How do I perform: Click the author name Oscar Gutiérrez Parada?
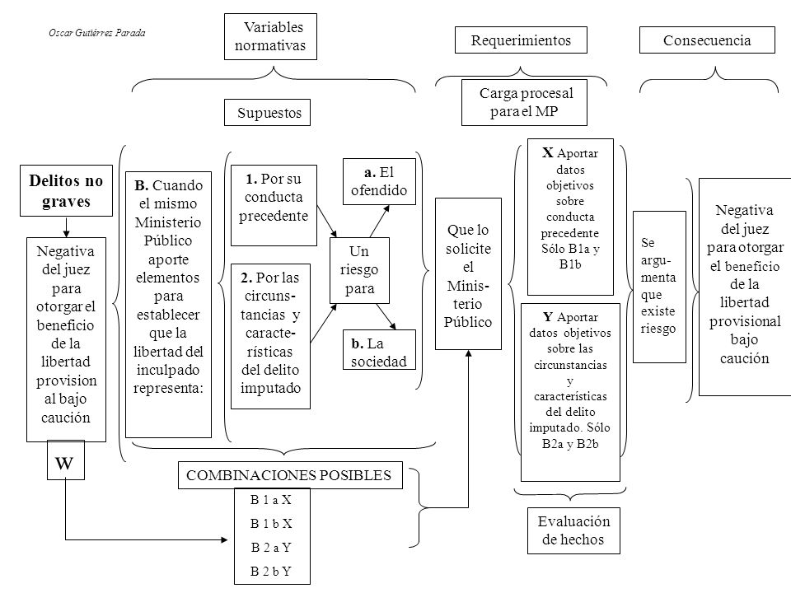97,33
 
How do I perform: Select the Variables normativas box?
270,36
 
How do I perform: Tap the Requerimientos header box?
521,40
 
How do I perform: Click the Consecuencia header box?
707,40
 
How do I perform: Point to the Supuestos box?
267,113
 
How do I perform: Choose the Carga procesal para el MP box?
524,102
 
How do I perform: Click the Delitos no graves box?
66,190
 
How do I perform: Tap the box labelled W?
66,460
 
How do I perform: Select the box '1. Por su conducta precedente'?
274,205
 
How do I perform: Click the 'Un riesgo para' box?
359,270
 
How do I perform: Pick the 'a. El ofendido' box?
379,181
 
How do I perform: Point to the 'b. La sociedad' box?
379,350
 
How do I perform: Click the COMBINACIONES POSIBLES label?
288,475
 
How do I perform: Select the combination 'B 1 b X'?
271,524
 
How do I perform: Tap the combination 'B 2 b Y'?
271,572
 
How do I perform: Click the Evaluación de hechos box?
573,530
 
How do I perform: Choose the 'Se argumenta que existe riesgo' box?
659,287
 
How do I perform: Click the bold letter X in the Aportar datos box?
548,153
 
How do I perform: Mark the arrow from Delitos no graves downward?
66,227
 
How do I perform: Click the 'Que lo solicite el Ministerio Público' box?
468,273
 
